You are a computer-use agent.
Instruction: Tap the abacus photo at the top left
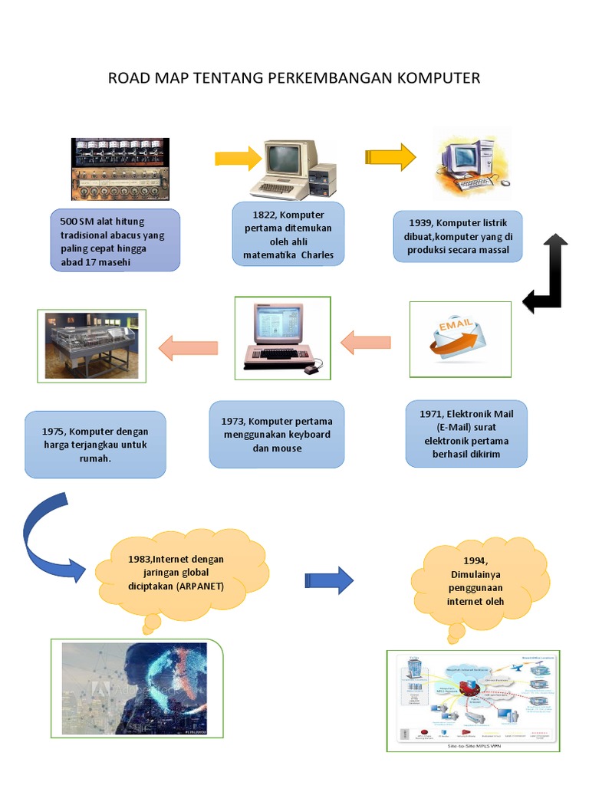click(120, 169)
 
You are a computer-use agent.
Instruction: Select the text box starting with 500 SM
click(116, 241)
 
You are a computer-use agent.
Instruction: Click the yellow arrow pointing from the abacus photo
click(238, 159)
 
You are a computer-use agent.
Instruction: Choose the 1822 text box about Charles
click(288, 234)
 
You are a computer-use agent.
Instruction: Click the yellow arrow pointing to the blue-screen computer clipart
click(390, 157)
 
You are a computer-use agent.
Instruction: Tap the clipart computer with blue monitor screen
click(470, 163)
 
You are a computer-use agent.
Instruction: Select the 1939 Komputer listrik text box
click(459, 237)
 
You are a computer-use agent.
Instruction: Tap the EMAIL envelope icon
click(460, 339)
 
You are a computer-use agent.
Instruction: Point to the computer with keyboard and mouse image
click(282, 338)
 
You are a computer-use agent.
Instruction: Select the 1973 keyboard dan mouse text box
click(277, 434)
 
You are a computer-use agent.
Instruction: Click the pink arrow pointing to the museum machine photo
click(188, 347)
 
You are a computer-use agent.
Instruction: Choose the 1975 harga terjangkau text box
click(95, 445)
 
